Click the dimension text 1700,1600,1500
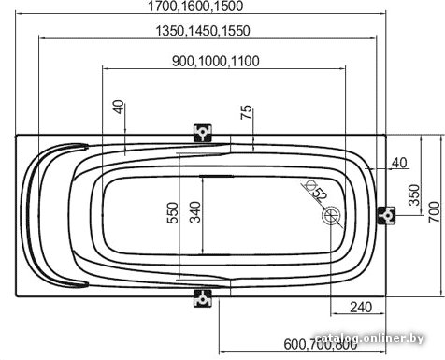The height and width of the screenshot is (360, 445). point(195,7)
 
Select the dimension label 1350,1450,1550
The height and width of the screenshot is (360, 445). point(203,31)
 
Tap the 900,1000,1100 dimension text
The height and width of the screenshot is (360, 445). point(216,61)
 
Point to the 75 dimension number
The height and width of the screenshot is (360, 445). point(246,112)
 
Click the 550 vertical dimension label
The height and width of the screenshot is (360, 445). point(173,213)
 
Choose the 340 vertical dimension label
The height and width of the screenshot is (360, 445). point(195,212)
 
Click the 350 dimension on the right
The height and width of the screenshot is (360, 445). point(414,195)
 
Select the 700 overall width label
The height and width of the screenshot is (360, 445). point(435,211)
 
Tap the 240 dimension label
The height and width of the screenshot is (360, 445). point(361,308)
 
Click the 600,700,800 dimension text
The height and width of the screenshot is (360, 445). point(321,344)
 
